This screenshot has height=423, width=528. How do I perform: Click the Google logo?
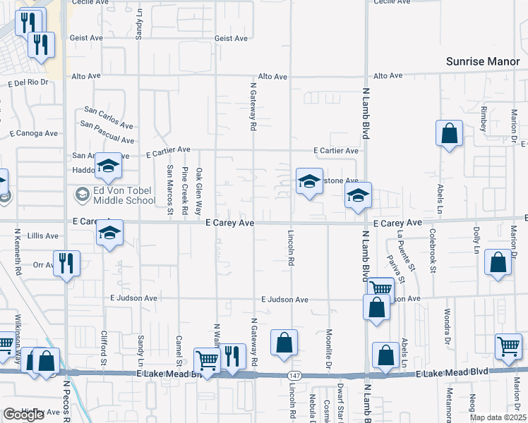pos(23,415)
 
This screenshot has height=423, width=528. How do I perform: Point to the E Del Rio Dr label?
pos(32,82)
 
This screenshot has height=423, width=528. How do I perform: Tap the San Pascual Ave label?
pos(107,125)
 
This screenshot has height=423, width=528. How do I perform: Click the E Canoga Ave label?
pos(33,133)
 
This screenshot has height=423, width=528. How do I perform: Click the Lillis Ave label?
pos(42,235)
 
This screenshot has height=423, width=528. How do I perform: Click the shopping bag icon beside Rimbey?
pos(449,133)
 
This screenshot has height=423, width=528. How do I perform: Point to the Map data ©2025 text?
pos(498,417)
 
